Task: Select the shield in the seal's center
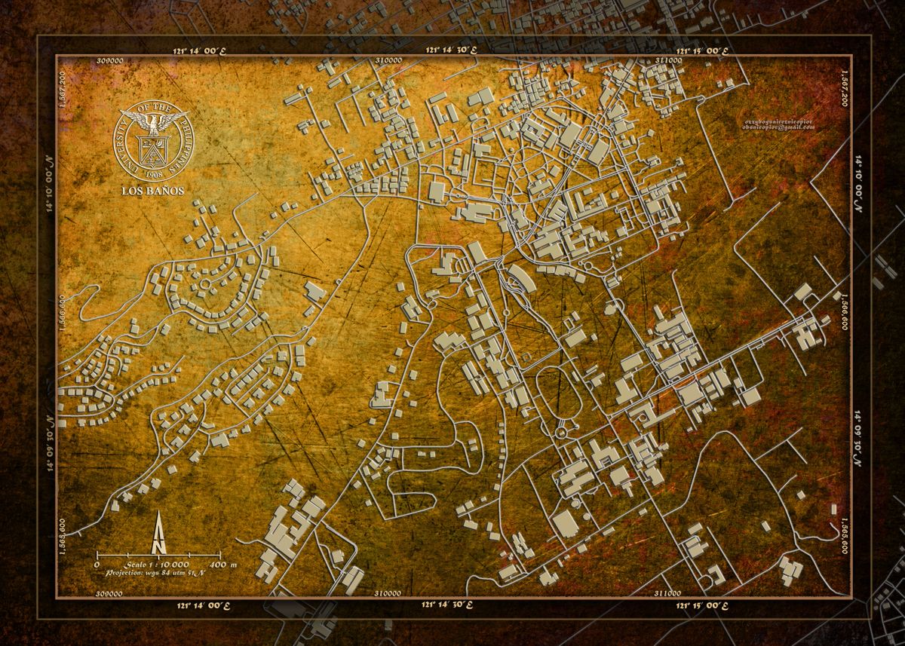(x=153, y=148)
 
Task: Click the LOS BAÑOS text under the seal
(x=153, y=190)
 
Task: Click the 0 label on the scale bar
(x=97, y=564)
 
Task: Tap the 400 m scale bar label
(x=223, y=564)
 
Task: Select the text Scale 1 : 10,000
(x=152, y=564)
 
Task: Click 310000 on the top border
(x=387, y=60)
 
